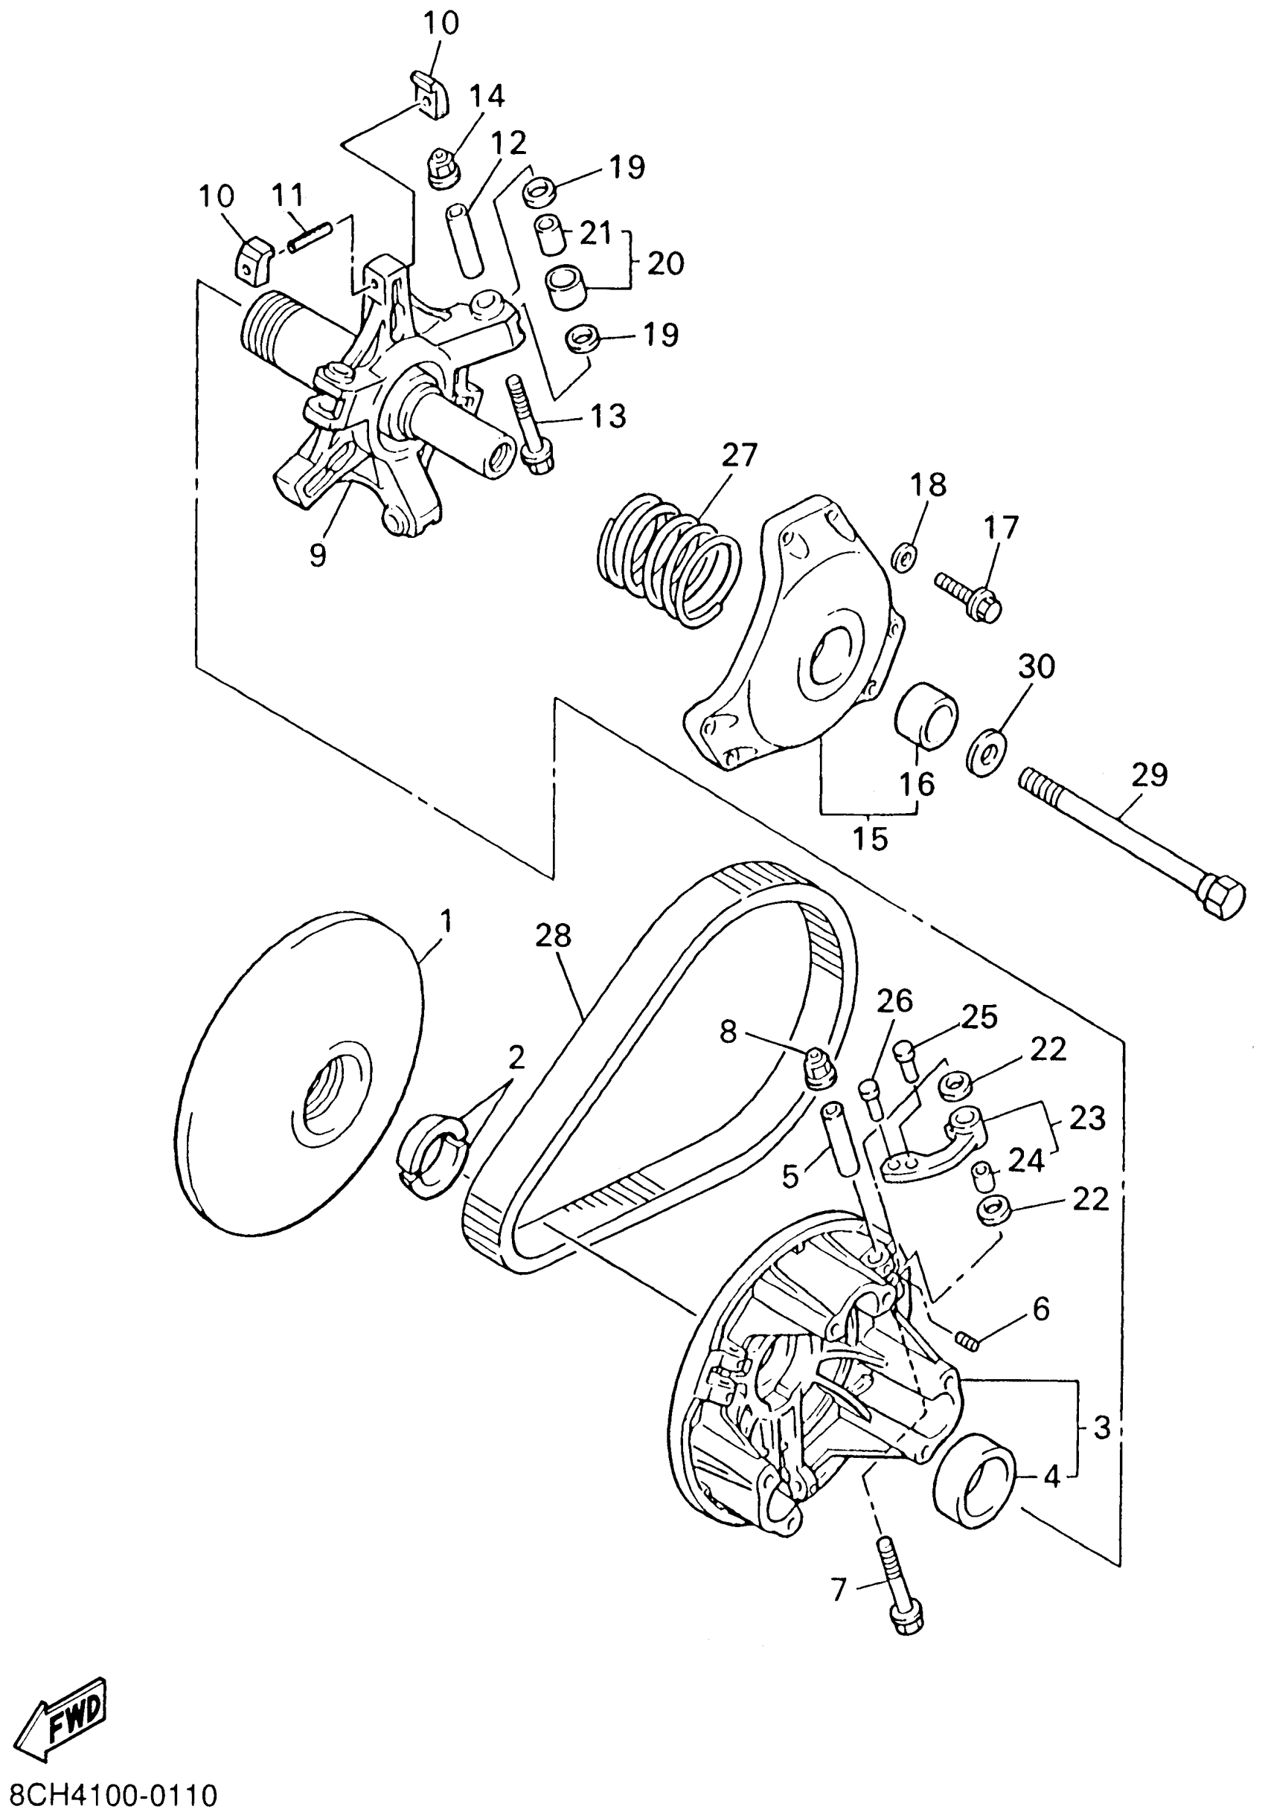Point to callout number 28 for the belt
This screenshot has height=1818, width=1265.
click(553, 936)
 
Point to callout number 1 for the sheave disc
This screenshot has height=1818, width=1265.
click(446, 921)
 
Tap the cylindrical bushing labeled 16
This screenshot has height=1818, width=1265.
click(926, 713)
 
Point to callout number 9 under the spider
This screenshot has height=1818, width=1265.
click(317, 556)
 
